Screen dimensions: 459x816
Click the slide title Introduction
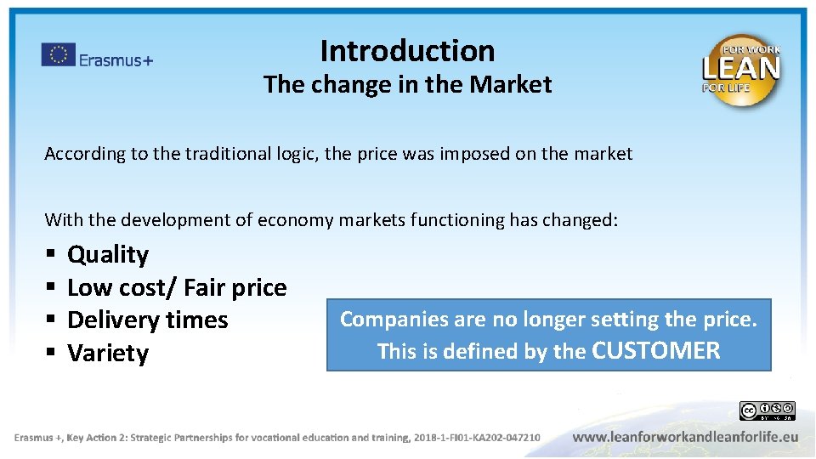pos(407,51)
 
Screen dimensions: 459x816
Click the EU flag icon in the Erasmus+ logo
pos(58,54)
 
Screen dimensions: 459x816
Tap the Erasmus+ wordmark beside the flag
pos(116,59)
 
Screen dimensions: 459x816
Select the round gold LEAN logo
pos(740,71)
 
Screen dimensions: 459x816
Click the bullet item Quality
pos(108,254)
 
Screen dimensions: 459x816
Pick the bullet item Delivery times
pos(147,320)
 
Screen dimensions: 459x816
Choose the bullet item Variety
pos(108,354)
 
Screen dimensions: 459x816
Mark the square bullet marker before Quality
pos(52,255)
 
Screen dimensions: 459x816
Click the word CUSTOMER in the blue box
pos(655,350)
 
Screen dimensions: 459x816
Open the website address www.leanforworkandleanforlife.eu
pos(685,437)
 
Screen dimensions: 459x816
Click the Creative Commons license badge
pos(767,411)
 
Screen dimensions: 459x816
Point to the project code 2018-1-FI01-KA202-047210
pos(476,438)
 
